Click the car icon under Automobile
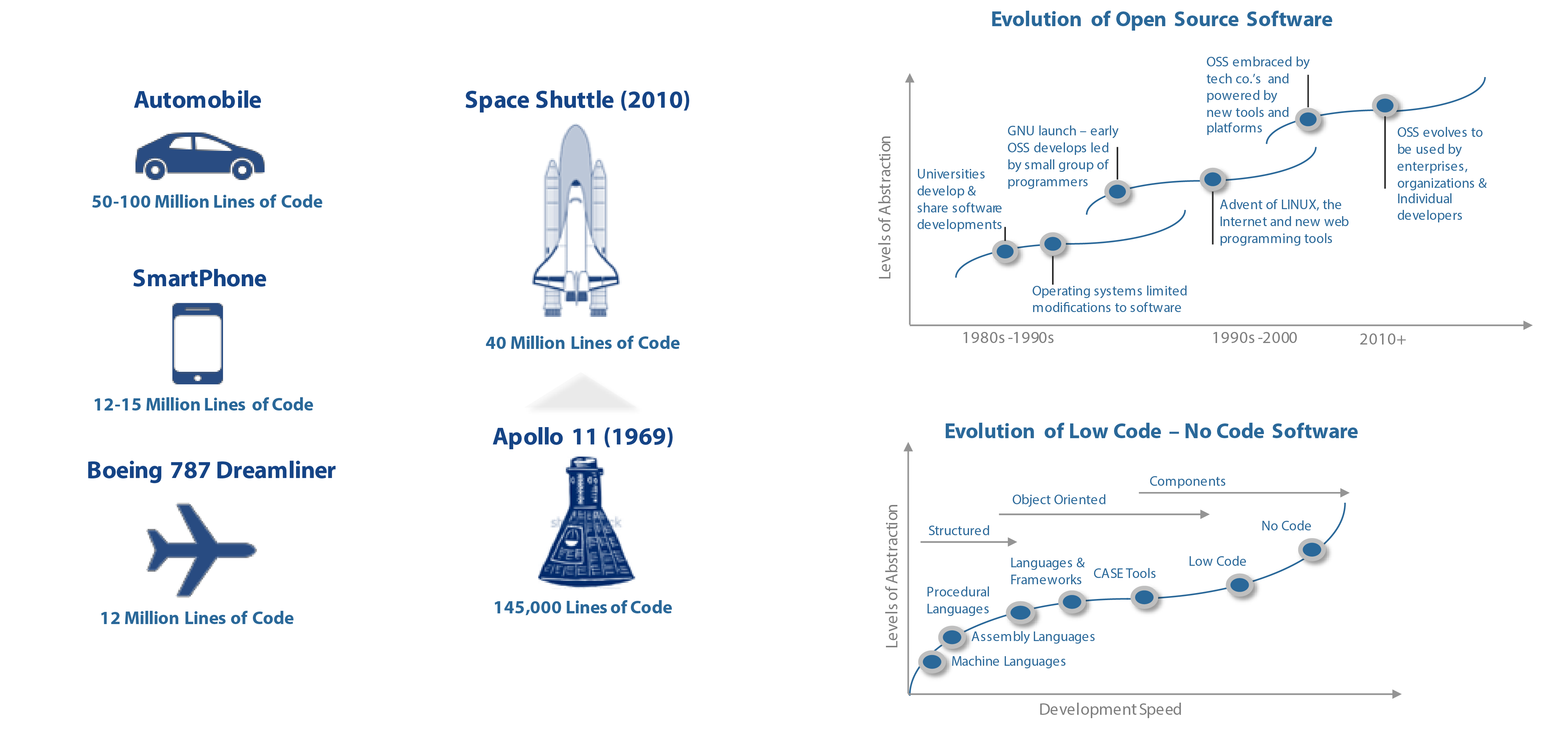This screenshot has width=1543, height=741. [199, 156]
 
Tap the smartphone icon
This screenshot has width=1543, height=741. [197, 343]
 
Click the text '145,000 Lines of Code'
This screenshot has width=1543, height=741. [582, 607]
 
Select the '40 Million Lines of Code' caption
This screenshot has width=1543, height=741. [582, 343]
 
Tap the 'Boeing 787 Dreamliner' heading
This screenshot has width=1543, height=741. [211, 471]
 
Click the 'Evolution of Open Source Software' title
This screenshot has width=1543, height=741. [1161, 19]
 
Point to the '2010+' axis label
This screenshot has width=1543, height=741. [1382, 339]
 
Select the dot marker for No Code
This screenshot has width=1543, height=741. [1312, 549]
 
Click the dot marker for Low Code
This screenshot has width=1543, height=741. [1239, 584]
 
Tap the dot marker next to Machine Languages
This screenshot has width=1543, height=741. [931, 661]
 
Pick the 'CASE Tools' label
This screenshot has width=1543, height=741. [1124, 574]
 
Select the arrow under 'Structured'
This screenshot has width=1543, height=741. [968, 542]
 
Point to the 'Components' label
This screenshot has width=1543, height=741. [1187, 481]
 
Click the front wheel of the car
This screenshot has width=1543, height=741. [242, 170]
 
